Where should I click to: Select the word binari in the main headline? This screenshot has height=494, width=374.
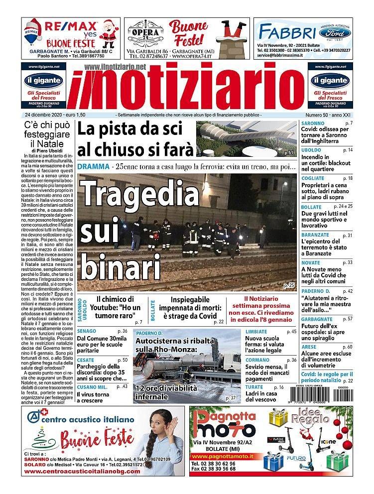tap(122, 265)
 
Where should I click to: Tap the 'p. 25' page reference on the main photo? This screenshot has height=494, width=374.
tap(289, 285)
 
